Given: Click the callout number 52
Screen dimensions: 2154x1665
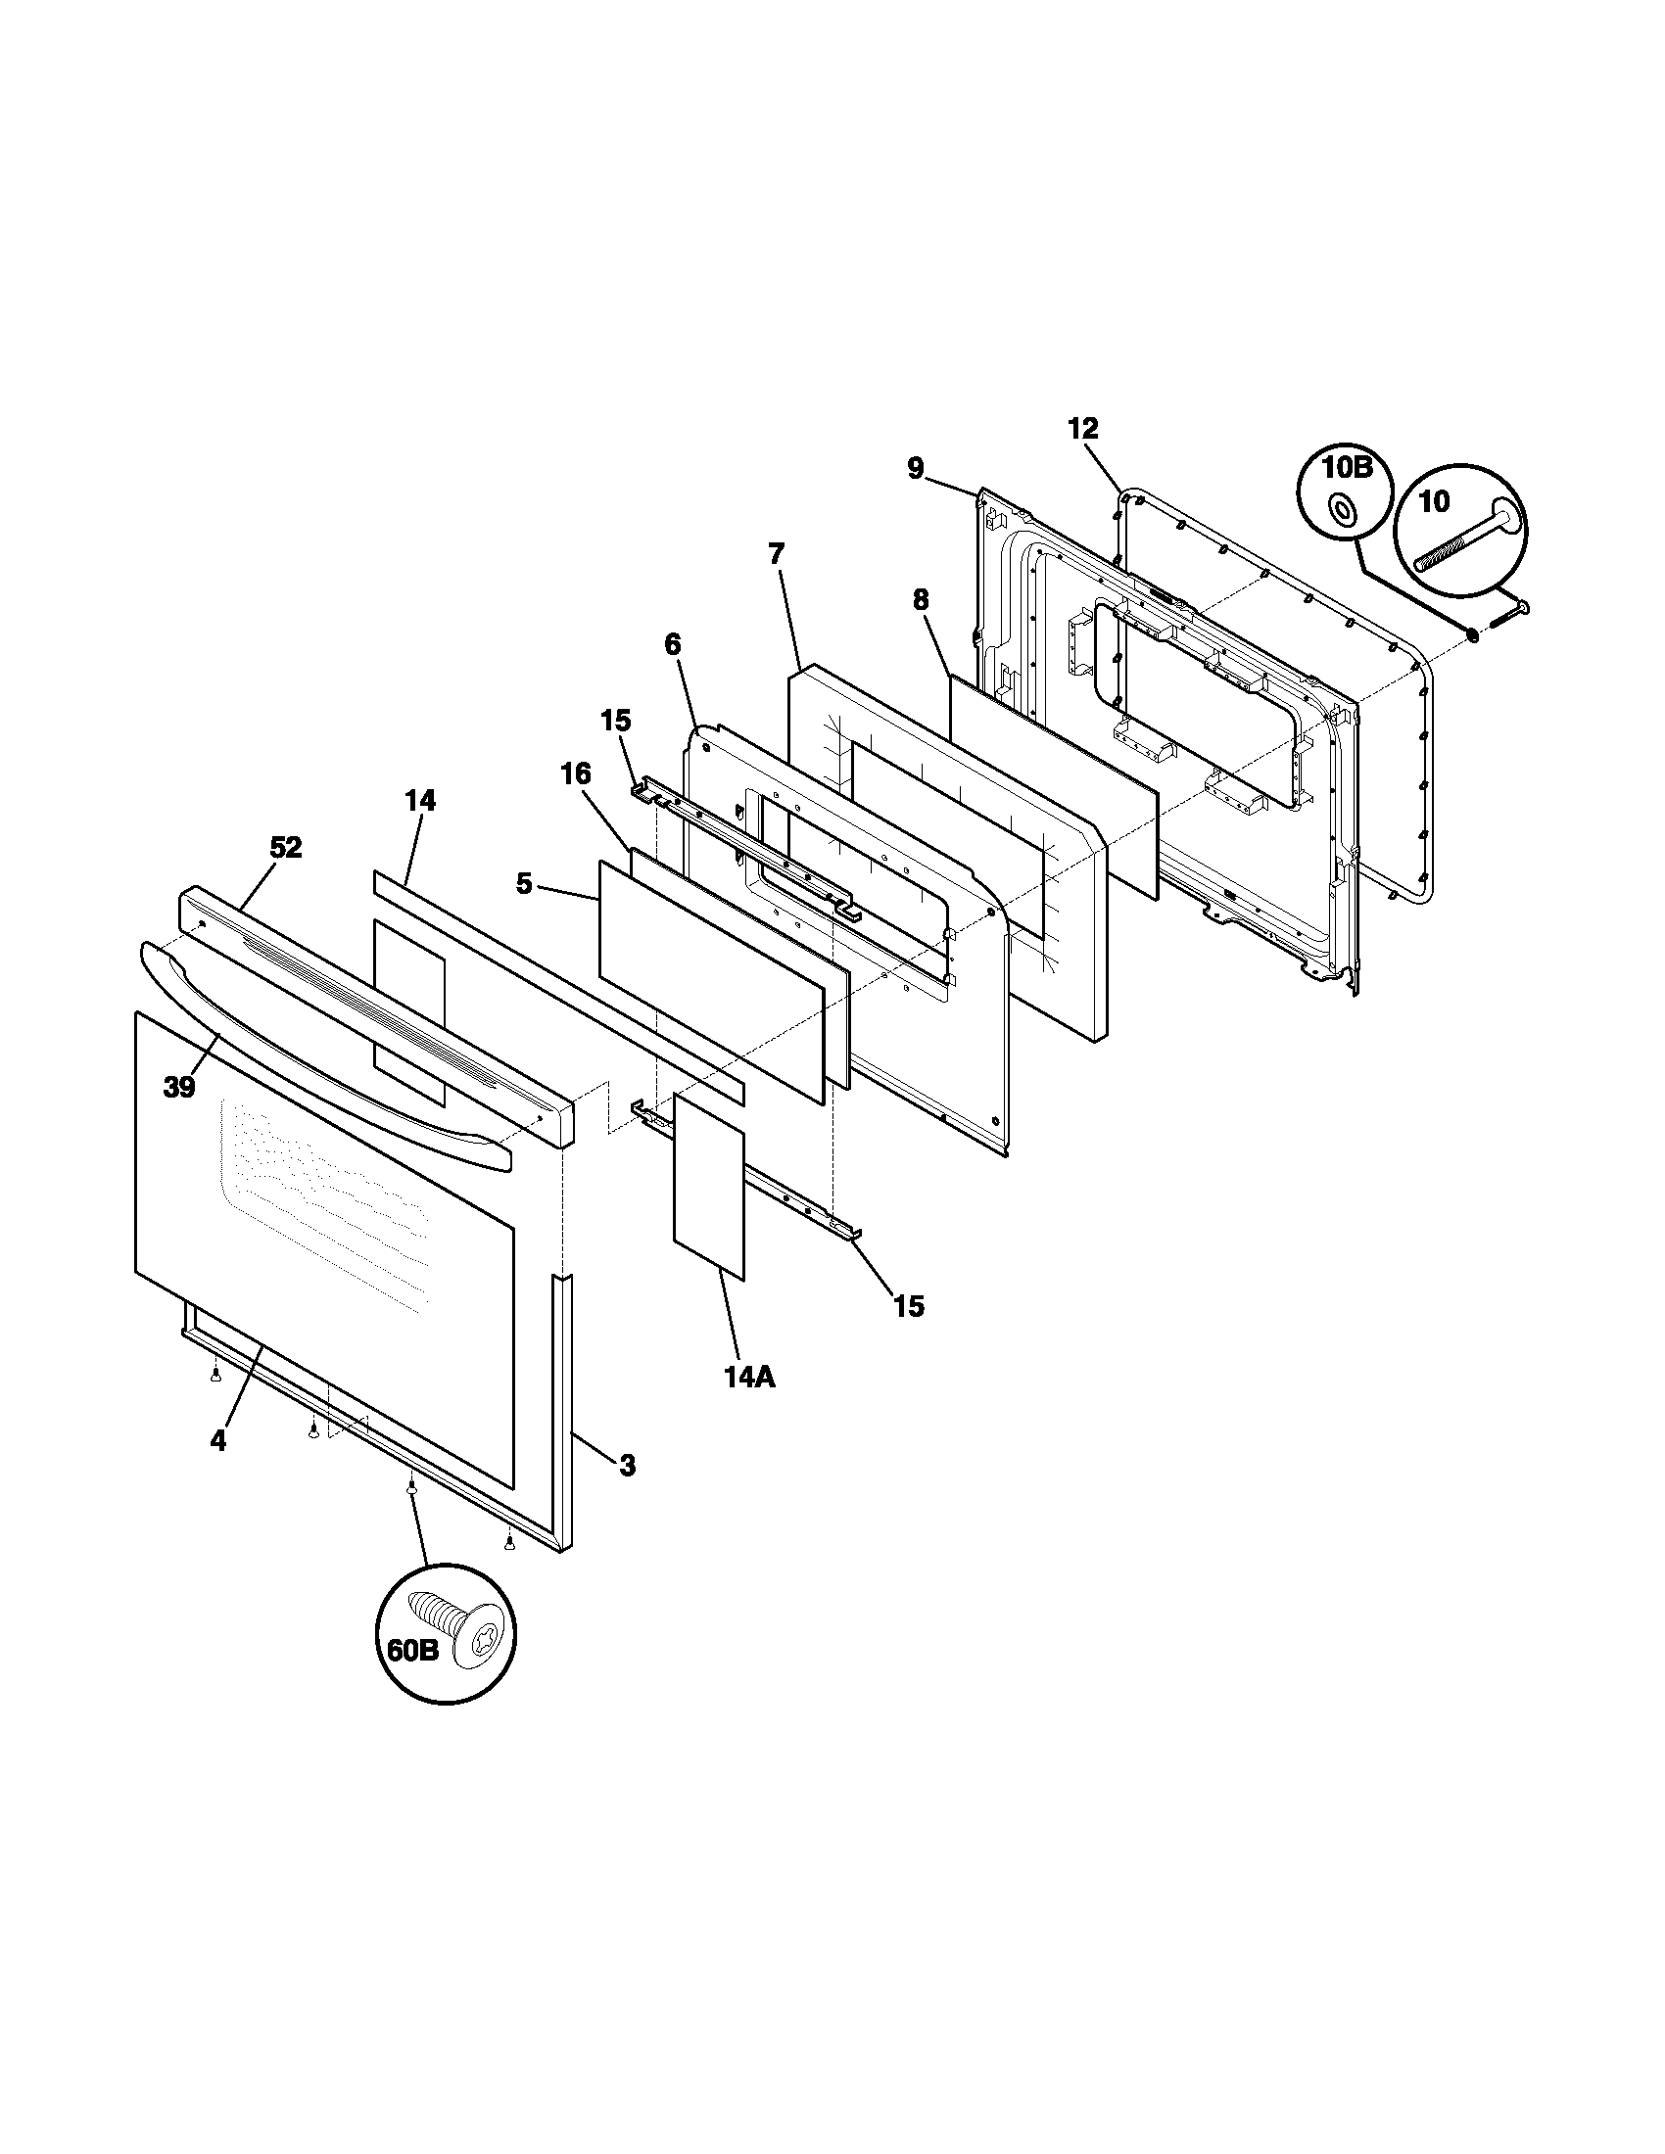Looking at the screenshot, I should (x=286, y=847).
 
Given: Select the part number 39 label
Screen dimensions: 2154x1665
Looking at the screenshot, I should (x=179, y=1088).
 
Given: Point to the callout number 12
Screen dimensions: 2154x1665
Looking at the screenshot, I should (x=1082, y=428).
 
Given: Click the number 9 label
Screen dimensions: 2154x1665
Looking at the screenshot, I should (x=916, y=468).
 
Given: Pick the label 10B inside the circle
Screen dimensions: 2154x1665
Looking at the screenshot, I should (x=1347, y=467).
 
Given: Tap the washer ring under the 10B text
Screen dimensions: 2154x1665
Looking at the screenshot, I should (x=1344, y=510).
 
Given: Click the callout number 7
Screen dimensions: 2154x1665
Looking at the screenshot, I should (x=778, y=554).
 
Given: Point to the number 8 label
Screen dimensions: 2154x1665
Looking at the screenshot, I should (x=921, y=599).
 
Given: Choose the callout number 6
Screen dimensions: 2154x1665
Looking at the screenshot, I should (x=672, y=645).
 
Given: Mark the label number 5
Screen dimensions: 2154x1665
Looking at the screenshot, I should (x=525, y=884).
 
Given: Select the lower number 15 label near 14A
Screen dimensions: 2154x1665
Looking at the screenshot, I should (x=909, y=1307).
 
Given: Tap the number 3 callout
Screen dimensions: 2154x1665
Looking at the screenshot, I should (x=628, y=1493).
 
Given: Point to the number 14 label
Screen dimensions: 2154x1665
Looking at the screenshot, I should (x=419, y=801).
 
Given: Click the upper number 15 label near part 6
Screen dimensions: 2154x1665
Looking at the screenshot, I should (x=615, y=721).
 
